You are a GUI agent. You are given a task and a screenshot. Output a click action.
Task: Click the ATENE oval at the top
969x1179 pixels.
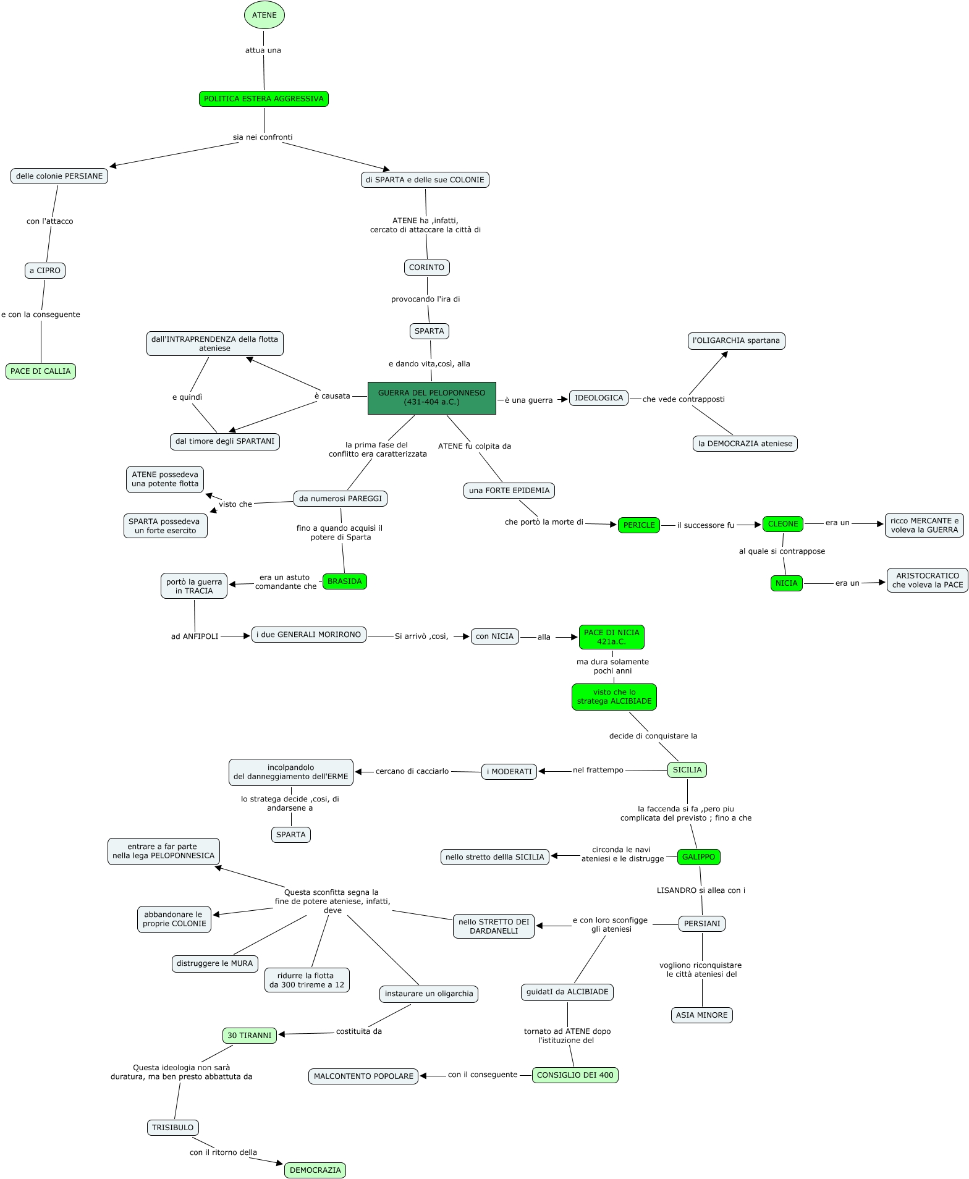(264, 15)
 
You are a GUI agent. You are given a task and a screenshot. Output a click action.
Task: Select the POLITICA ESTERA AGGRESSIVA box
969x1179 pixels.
(264, 99)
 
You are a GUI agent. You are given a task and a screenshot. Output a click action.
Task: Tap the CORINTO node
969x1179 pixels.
(426, 268)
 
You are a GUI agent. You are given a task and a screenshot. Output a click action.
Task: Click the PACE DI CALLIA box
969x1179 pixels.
(41, 371)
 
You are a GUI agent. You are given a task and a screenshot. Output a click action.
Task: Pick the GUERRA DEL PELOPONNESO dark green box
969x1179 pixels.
(431, 397)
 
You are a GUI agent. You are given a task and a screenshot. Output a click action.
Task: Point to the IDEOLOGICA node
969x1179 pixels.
(598, 398)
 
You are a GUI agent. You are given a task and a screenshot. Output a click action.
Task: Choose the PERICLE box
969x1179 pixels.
(638, 525)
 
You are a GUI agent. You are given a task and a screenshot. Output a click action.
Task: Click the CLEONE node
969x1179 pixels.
(782, 523)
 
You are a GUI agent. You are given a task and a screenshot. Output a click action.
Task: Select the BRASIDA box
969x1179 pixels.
(344, 581)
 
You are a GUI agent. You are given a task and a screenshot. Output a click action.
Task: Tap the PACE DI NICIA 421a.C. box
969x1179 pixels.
(611, 637)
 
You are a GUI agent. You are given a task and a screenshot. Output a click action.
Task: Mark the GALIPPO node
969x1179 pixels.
(698, 857)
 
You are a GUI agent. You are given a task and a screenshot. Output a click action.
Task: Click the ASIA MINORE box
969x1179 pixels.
(701, 1015)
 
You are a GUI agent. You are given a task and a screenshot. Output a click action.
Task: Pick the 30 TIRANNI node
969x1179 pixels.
(249, 1035)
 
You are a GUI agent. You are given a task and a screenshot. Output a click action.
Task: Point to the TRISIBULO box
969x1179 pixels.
(173, 1127)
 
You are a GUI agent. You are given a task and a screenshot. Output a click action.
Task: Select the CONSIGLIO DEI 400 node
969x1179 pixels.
(575, 1075)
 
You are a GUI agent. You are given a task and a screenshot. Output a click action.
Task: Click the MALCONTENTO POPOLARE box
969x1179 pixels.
(363, 1076)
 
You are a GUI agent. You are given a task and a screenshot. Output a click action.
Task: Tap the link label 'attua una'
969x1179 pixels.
(263, 51)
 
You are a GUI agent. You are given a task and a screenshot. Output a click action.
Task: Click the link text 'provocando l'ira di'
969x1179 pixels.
(425, 299)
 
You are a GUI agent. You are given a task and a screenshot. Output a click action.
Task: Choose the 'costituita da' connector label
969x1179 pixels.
(358, 1031)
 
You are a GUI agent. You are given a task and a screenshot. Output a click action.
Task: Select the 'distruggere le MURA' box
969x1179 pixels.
(214, 963)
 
